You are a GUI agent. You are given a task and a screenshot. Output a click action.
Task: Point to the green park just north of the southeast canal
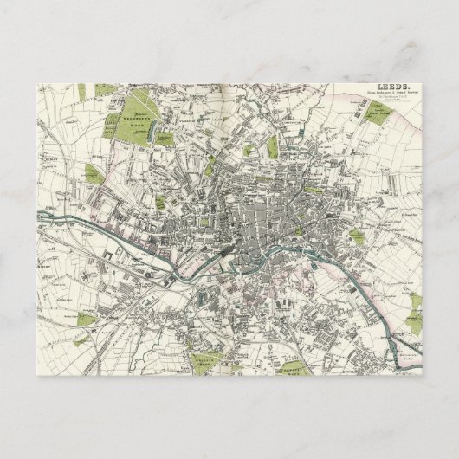point(357,236)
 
